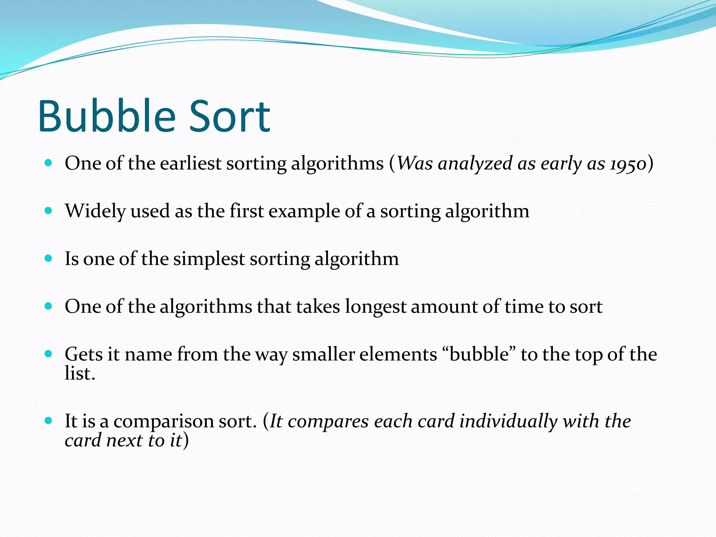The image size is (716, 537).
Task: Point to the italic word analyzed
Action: tap(475, 164)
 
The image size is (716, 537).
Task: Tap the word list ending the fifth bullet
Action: tap(80, 373)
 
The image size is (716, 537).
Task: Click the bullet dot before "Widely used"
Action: tap(49, 211)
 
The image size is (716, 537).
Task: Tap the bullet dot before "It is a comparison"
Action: tap(49, 420)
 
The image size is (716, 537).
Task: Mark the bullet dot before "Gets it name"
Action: tap(49, 354)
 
